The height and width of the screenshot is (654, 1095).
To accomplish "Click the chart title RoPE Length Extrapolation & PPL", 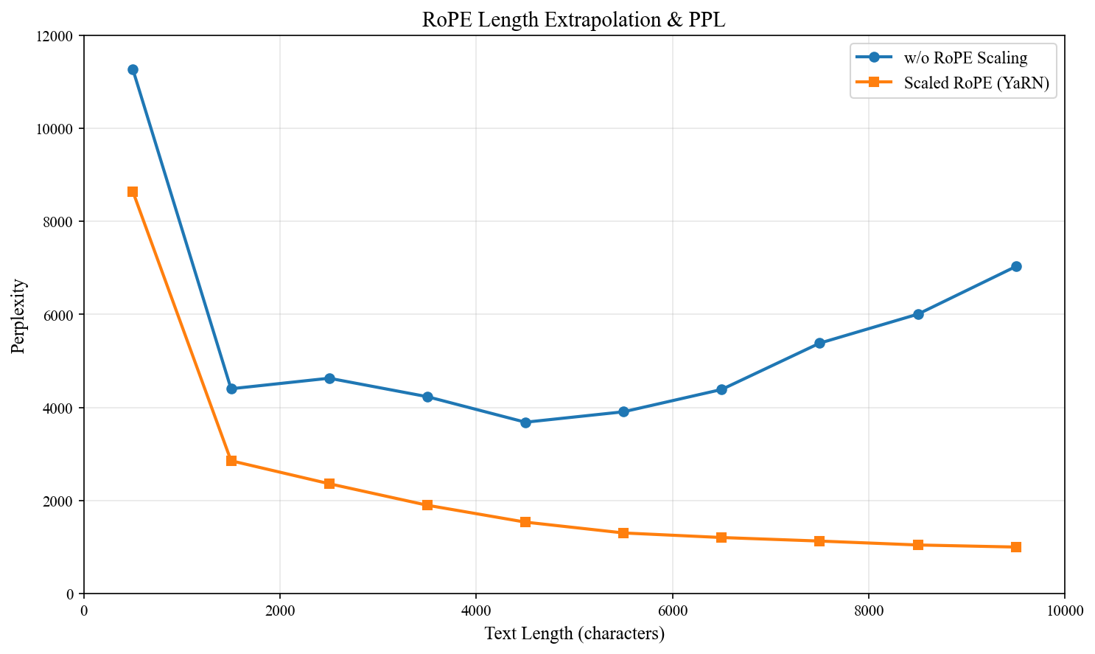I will [573, 20].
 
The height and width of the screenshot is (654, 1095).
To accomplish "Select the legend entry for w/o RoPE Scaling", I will [965, 58].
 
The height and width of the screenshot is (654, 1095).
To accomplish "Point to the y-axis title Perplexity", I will [18, 316].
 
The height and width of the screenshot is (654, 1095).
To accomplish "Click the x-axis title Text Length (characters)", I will [574, 633].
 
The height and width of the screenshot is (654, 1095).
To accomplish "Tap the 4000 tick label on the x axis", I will [476, 610].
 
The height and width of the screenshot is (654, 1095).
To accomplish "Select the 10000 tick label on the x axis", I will [1064, 610].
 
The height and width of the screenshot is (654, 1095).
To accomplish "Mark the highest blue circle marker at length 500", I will [133, 70].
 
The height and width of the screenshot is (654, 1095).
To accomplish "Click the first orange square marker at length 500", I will [133, 192].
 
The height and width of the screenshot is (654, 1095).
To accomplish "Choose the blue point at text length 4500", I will [525, 422].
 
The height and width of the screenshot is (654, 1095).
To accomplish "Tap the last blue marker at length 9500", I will [1016, 266].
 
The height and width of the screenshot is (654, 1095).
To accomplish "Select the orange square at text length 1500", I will [231, 461].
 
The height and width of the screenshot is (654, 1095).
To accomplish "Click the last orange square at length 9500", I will [1016, 547].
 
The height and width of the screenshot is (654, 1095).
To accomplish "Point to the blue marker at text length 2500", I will [329, 378].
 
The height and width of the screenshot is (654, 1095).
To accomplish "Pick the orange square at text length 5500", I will [623, 533].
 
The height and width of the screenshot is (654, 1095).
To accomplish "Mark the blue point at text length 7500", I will [819, 343].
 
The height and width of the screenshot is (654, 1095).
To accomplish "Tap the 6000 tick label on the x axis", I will [672, 610].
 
